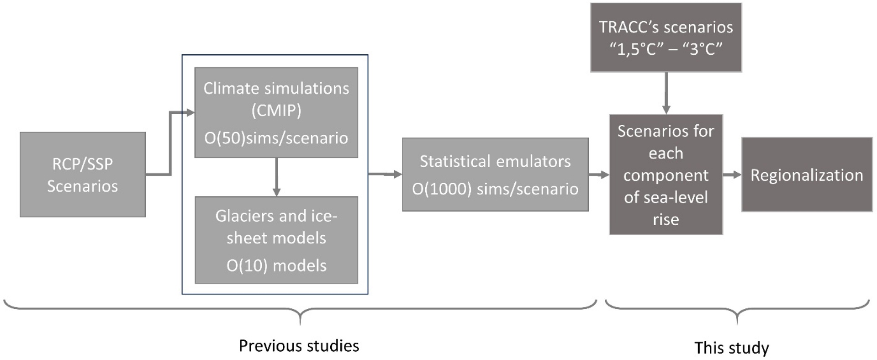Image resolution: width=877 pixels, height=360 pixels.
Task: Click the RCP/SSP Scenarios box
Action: click(83, 175)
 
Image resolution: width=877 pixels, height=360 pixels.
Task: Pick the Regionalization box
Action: click(807, 175)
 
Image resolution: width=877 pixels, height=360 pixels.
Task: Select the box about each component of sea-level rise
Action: click(666, 175)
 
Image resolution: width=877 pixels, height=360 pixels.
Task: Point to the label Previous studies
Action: click(299, 346)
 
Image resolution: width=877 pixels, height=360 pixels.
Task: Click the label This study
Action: click(731, 348)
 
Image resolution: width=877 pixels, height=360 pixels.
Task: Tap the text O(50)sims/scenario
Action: click(276, 138)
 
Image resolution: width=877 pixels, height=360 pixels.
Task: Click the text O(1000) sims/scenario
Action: click(495, 189)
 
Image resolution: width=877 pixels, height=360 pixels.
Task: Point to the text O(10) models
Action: click(276, 265)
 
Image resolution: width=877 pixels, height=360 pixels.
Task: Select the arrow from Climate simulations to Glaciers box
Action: click(276, 177)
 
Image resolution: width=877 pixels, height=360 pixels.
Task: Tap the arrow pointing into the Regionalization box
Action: click(732, 175)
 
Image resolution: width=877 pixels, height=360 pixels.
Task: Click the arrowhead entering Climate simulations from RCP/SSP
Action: click(190, 112)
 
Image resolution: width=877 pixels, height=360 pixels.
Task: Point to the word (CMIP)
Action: click(276, 111)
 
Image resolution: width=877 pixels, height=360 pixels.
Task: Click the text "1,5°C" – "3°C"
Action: click(666, 49)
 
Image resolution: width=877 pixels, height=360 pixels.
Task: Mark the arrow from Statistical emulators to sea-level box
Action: click(599, 174)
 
